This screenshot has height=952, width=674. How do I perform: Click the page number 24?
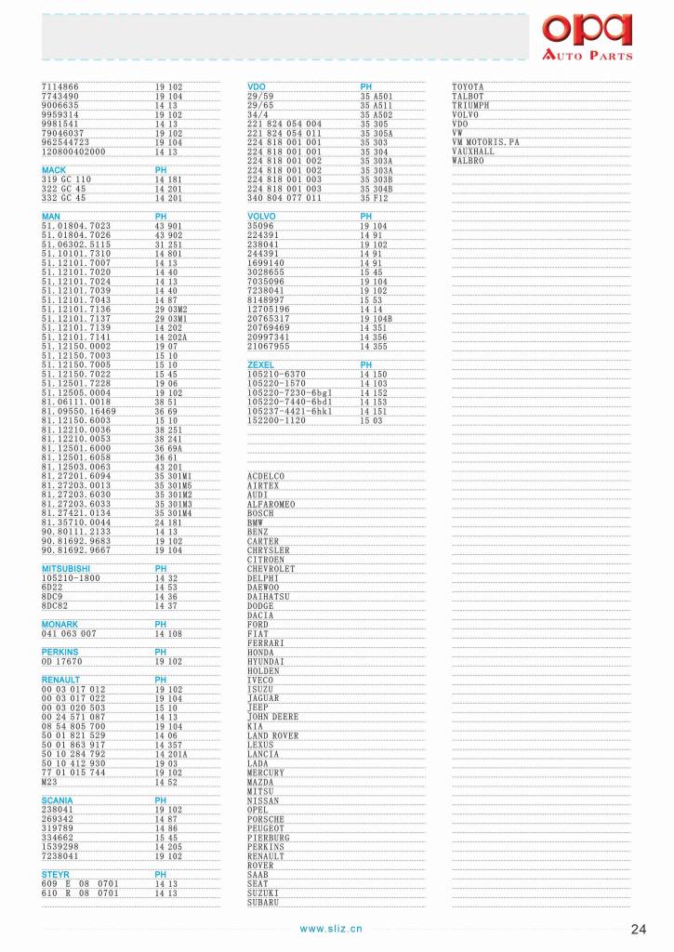[638, 929]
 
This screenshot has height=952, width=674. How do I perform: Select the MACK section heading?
[54, 170]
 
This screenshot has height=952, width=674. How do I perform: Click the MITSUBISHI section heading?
[66, 568]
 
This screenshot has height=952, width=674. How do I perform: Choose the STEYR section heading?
[56, 875]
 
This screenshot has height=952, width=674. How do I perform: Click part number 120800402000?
[73, 152]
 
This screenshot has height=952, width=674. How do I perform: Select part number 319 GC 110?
[66, 179]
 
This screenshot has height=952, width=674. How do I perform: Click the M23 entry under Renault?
[49, 782]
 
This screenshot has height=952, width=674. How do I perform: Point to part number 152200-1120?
[276, 420]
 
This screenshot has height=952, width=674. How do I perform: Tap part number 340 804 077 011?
[284, 198]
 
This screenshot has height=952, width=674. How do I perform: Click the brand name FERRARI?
[265, 643]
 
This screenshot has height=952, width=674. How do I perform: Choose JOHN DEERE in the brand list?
[273, 717]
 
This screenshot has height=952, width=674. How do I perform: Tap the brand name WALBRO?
[468, 161]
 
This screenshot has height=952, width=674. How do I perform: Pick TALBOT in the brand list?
[468, 96]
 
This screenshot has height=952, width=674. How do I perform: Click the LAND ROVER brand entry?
[272, 735]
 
